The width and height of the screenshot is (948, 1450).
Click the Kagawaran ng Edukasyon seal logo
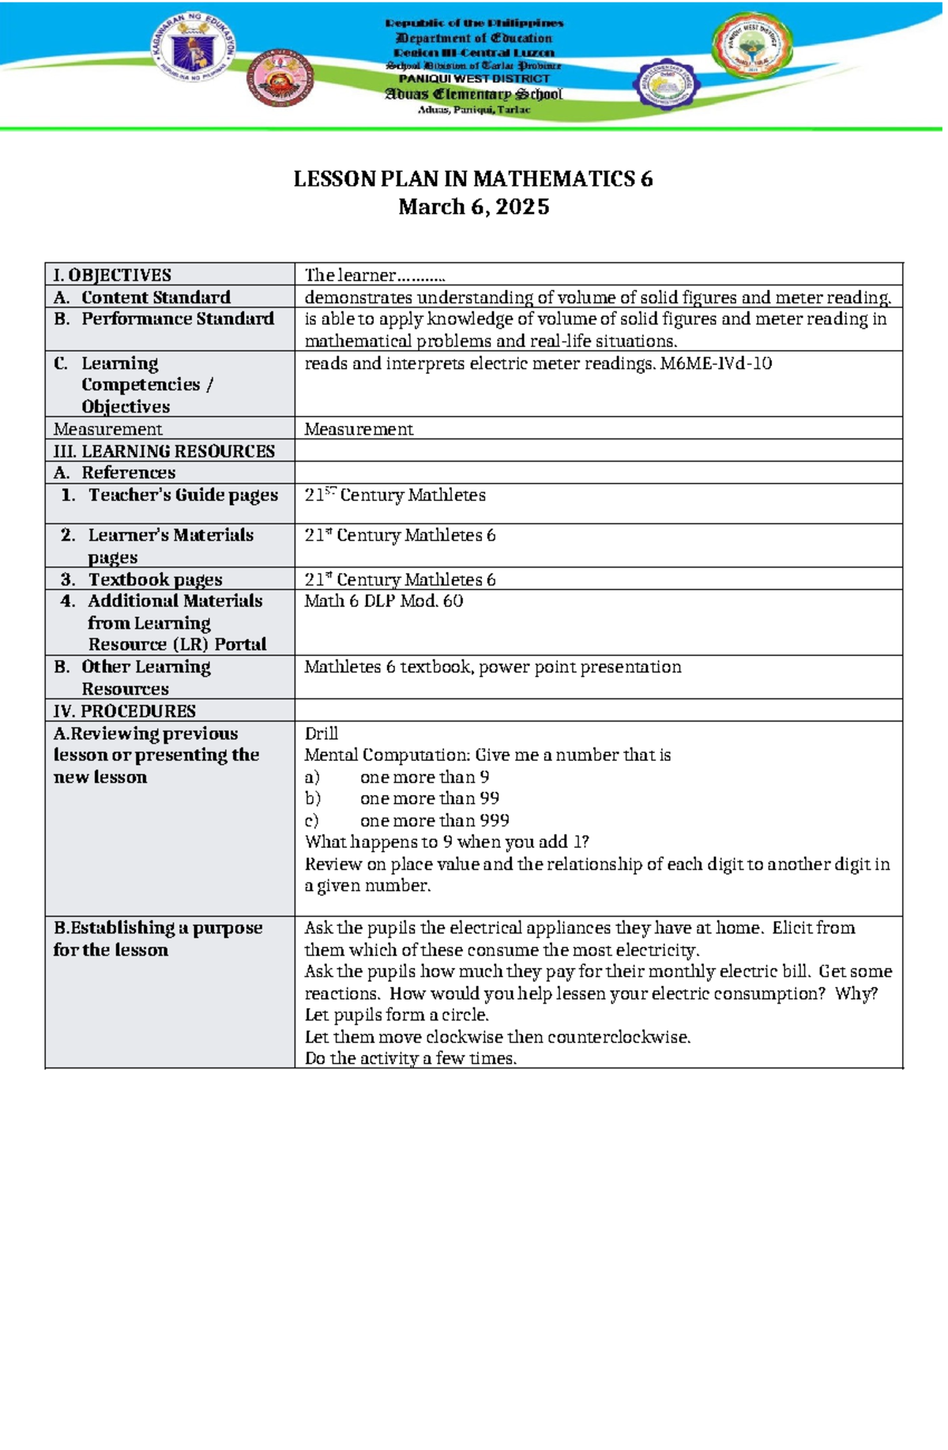(192, 49)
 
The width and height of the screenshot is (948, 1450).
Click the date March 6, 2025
(473, 207)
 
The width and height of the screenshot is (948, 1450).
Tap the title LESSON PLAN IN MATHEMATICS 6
(473, 179)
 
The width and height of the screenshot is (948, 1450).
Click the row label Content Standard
(156, 297)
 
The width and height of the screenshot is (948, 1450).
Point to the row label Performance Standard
(177, 318)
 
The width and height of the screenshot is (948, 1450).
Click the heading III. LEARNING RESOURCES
(164, 451)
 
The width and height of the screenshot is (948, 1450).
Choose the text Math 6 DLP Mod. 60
(384, 601)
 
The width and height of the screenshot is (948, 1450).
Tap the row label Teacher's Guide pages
(182, 495)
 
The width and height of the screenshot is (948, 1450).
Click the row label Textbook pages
(155, 579)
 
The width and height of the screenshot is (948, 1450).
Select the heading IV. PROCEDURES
(124, 710)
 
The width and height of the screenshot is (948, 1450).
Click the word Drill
(321, 733)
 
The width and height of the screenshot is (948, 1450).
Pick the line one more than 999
(434, 820)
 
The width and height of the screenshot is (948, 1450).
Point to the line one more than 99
(429, 798)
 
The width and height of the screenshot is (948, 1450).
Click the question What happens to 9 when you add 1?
(446, 842)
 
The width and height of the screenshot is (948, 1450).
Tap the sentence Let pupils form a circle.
(397, 1015)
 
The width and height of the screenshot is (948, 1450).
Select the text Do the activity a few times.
(410, 1058)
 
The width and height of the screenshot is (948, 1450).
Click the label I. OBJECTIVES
(111, 275)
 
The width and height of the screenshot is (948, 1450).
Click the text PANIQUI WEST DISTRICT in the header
(473, 79)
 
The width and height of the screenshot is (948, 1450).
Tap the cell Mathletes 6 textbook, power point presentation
(492, 667)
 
